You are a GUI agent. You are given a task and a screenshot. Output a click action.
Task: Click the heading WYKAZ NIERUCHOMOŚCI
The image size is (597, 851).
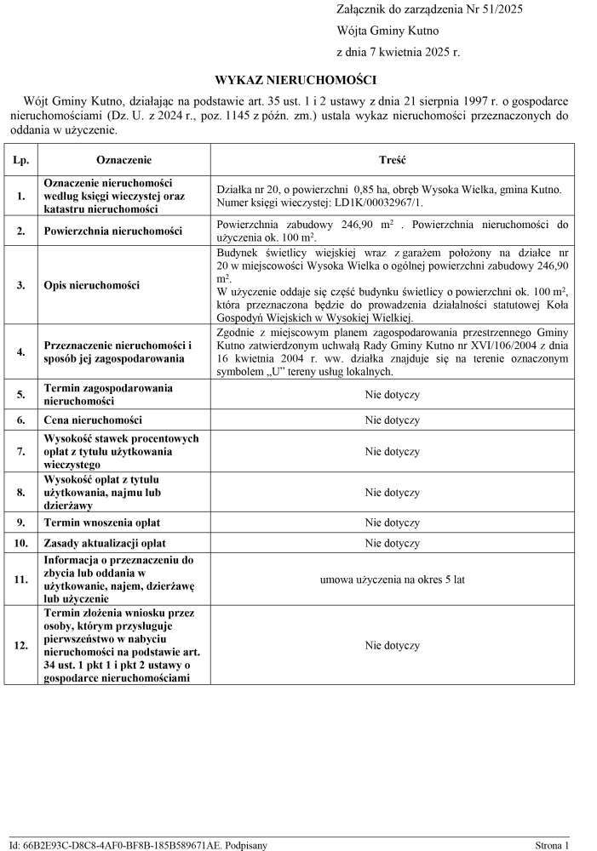pos(295,80)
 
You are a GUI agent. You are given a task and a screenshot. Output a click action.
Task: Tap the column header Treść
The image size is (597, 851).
pos(392,160)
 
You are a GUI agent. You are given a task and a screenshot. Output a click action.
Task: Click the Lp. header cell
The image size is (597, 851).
pos(21,160)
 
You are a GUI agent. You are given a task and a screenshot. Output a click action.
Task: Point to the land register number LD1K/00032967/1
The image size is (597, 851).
pos(375,203)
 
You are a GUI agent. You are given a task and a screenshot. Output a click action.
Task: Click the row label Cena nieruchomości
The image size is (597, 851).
pos(93,420)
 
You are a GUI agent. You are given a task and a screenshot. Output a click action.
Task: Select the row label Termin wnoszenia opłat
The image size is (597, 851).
pos(102,523)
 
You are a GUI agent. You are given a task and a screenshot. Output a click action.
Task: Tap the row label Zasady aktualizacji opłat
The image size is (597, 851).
pos(105,543)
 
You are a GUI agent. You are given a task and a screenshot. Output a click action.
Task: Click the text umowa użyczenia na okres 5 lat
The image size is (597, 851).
pos(392,580)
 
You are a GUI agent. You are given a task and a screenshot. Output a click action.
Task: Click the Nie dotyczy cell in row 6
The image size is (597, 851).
pos(392,420)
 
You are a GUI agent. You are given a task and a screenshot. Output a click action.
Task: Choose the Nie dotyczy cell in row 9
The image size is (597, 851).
pos(392,523)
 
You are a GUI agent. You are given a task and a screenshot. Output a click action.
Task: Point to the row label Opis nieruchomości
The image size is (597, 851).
pos(91,285)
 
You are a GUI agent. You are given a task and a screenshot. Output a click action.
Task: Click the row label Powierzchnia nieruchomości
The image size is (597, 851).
pos(113,231)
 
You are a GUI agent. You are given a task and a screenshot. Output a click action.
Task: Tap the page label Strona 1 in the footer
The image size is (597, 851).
pos(551,845)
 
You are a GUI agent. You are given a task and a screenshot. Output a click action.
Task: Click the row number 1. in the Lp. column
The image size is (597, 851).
pos(21,197)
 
